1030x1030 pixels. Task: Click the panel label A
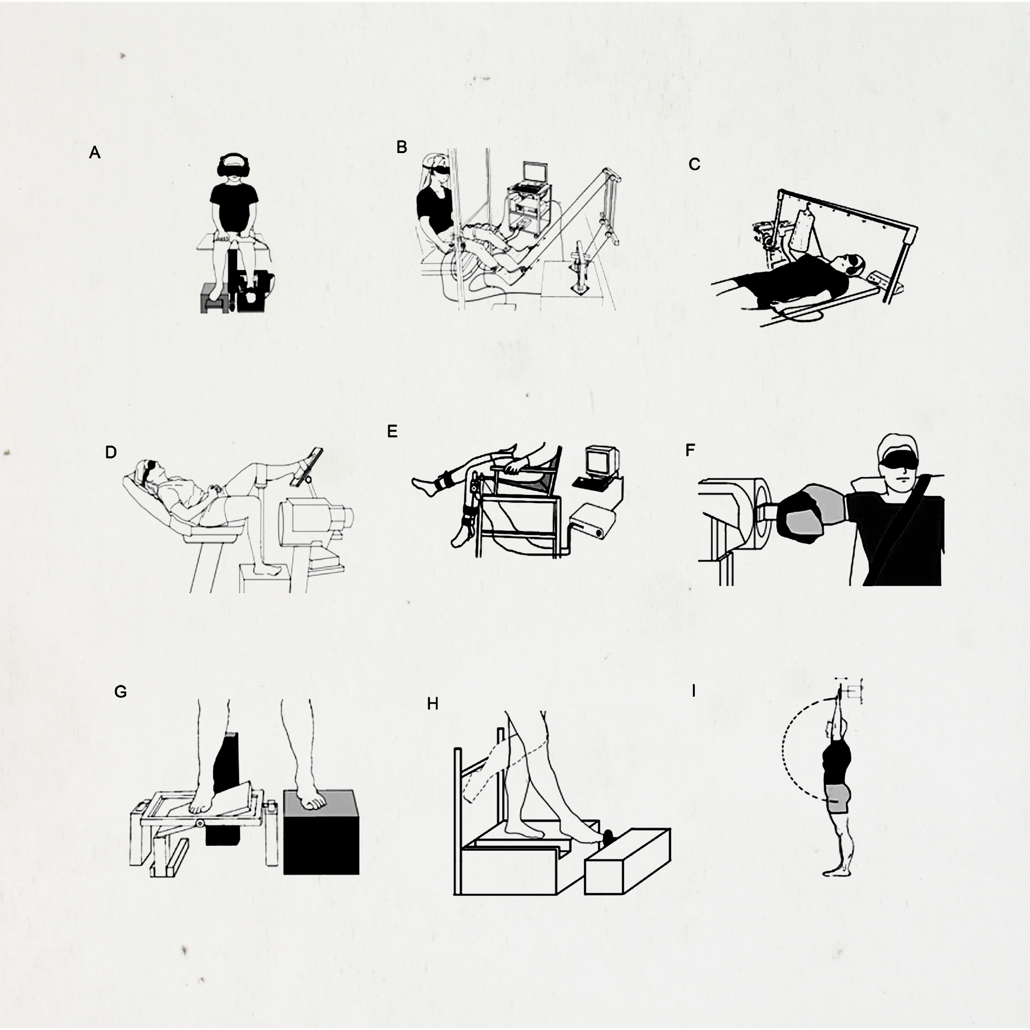(x=95, y=153)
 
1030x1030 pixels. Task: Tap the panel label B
(x=402, y=147)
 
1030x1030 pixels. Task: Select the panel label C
(x=694, y=164)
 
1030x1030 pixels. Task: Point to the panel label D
(x=111, y=452)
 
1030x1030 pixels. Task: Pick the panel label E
(x=392, y=431)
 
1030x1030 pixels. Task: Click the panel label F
(x=690, y=451)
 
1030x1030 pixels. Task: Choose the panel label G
(x=121, y=692)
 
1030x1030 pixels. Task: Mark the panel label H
(x=433, y=704)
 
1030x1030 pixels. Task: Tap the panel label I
(x=694, y=691)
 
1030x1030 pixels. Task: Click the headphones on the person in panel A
(x=234, y=163)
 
